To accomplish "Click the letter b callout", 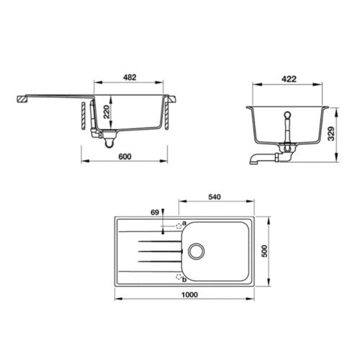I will click(184, 279).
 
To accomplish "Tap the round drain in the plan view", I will click(196, 251).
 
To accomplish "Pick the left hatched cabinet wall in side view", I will click(84, 114).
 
